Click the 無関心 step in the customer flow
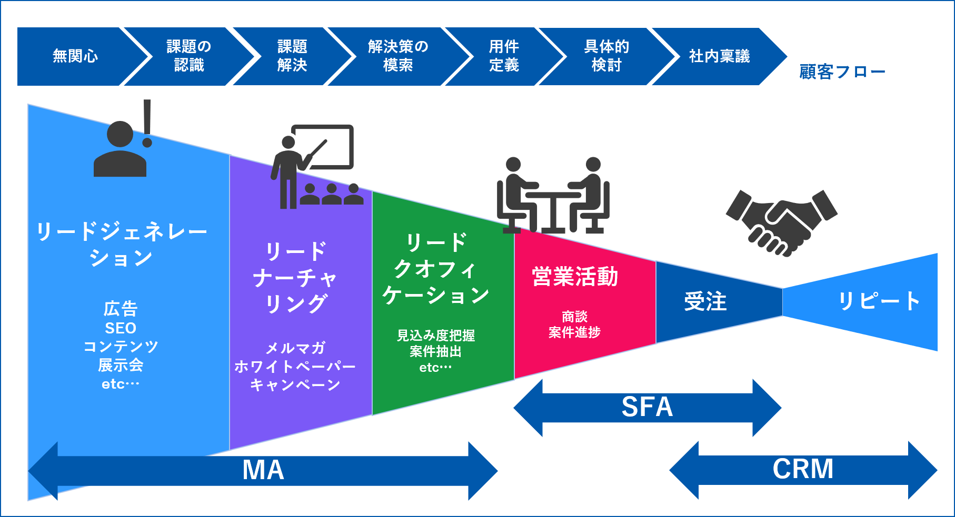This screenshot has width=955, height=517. click(x=75, y=56)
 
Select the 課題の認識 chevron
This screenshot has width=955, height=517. click(x=188, y=56)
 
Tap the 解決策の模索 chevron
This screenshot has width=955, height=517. click(x=398, y=56)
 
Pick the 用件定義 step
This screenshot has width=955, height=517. click(x=504, y=56)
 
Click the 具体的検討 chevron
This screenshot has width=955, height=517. click(x=606, y=56)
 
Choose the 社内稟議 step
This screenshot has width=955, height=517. click(x=719, y=56)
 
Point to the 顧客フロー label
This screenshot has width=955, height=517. click(x=842, y=72)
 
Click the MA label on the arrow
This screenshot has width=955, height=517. click(x=263, y=470)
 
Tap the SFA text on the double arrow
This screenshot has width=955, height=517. click(x=647, y=407)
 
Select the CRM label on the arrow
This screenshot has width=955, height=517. click(x=803, y=469)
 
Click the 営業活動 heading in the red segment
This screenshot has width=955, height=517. click(x=575, y=277)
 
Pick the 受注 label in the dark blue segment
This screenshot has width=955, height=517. click(x=705, y=302)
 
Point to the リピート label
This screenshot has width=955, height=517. click(x=878, y=301)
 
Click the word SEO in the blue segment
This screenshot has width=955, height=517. click(x=121, y=328)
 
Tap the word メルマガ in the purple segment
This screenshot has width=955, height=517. click(x=295, y=348)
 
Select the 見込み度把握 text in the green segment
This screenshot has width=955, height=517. click(x=436, y=336)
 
